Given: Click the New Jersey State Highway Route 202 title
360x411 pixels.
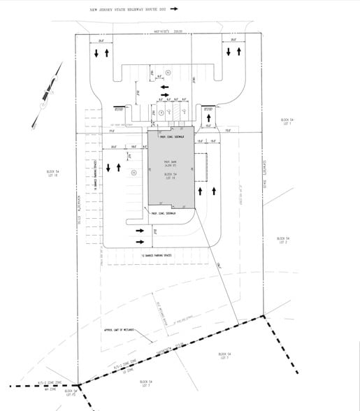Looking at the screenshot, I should click(128, 10).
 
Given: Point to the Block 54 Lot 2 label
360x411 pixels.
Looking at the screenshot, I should click(283, 240).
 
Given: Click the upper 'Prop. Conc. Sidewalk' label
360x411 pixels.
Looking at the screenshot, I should click(171, 136).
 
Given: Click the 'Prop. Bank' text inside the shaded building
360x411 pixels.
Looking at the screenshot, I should click(172, 168).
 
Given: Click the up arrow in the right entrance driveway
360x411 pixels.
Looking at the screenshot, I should click(240, 52).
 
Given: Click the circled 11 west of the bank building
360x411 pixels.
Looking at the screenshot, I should click(134, 171).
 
